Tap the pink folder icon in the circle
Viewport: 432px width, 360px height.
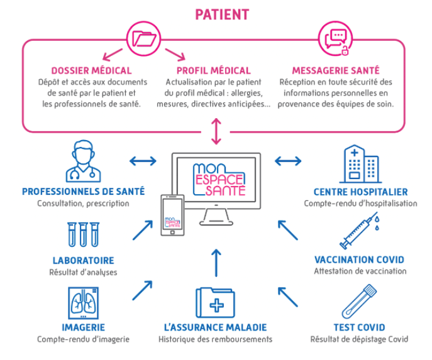coord(143,38)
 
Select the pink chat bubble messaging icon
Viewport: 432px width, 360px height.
coord(335,38)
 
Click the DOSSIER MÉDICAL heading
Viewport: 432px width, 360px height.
coord(91,70)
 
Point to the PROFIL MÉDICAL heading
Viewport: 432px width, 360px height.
coord(214,70)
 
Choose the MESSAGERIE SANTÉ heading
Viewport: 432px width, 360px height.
coord(336,70)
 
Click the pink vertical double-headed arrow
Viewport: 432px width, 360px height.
coord(216,131)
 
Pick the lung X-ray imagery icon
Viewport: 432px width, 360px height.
coord(83,303)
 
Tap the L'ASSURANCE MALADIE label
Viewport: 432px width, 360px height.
coord(215,327)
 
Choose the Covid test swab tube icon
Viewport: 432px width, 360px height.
coord(358,301)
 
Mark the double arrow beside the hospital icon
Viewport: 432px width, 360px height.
coord(288,161)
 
